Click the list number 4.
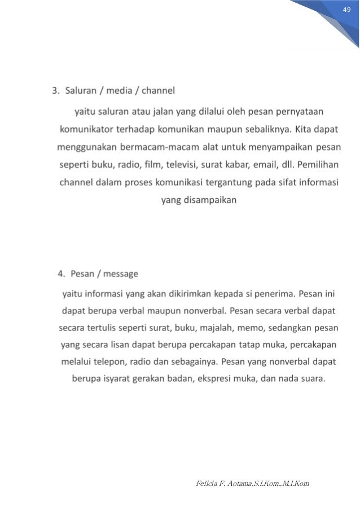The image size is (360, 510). click(60, 274)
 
